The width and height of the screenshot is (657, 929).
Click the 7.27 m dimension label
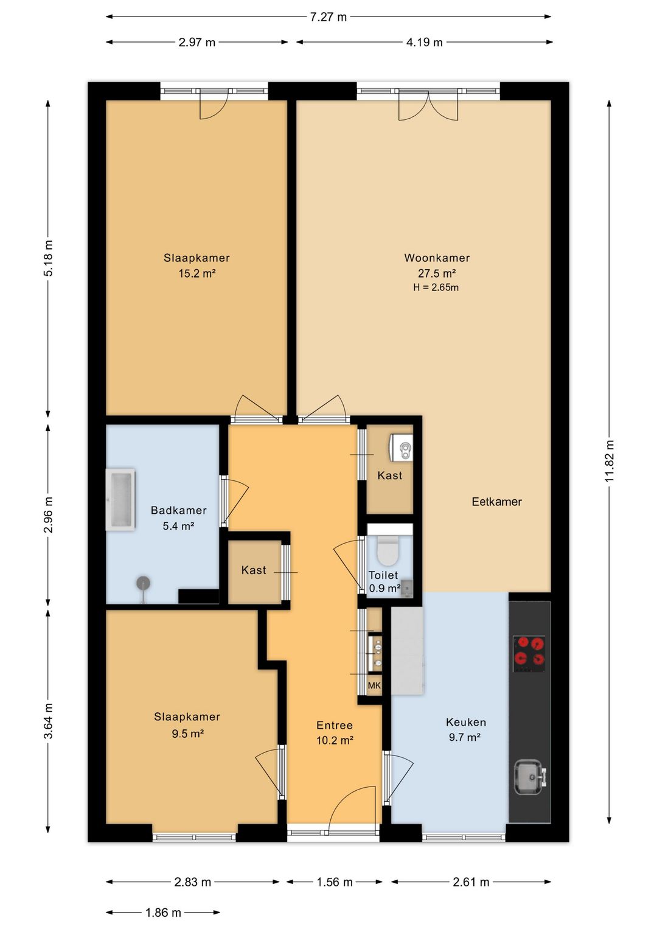[328, 17]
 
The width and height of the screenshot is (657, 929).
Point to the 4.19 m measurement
[424, 42]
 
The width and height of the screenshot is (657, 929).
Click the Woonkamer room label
[437, 258]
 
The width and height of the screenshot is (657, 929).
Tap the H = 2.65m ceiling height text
[436, 287]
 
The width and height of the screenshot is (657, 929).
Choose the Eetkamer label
[496, 502]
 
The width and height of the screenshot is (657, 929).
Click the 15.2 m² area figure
[197, 273]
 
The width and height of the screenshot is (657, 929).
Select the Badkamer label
[179, 510]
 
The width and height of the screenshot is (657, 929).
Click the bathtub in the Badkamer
[120, 499]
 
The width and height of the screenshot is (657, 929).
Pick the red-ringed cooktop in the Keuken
[529, 654]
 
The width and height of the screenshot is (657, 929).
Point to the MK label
[374, 685]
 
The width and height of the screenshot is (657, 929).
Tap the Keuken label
[466, 723]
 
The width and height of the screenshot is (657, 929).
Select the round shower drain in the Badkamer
[144, 583]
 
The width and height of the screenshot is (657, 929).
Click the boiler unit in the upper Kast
[401, 447]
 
